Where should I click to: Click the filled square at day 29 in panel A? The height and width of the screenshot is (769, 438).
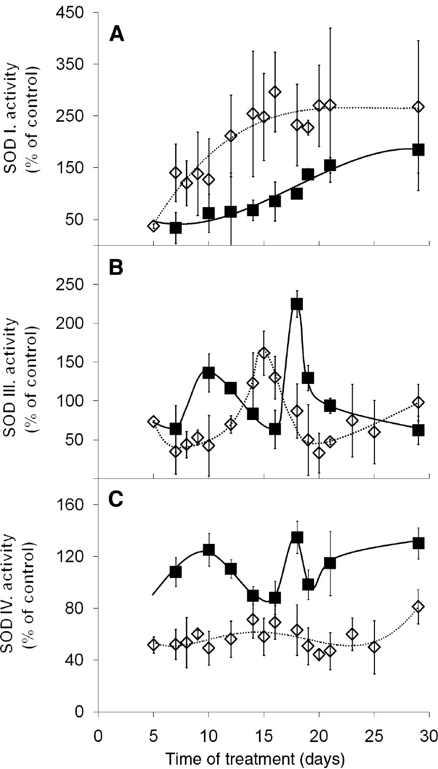418,149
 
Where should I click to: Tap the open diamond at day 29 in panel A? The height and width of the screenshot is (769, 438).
418,107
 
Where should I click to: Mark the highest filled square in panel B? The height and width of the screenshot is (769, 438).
297,304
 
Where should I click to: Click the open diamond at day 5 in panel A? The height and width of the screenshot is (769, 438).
154,226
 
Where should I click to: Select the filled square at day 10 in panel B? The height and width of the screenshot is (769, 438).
209,372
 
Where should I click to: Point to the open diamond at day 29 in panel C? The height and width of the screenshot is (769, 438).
418,606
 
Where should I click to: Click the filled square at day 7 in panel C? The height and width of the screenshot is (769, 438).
175,572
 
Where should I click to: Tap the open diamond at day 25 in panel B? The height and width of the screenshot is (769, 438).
374,432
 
